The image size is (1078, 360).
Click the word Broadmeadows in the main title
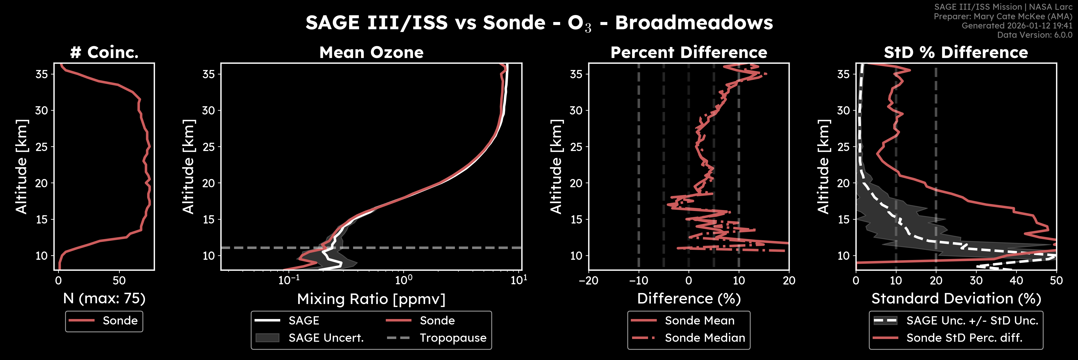(x=694, y=23)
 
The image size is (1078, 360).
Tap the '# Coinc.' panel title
(x=104, y=52)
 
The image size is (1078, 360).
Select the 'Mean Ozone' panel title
(x=371, y=52)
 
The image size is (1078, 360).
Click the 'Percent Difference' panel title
(x=688, y=52)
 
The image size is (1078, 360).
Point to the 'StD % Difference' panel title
(x=956, y=52)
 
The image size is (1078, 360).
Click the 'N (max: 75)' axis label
(x=104, y=298)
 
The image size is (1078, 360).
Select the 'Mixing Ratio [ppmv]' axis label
(x=371, y=299)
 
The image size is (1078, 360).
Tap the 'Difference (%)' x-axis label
(x=688, y=298)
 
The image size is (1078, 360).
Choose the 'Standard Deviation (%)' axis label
(x=956, y=298)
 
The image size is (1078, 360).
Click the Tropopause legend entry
(x=453, y=338)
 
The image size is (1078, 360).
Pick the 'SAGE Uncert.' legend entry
(x=326, y=338)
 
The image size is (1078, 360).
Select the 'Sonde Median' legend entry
(x=705, y=338)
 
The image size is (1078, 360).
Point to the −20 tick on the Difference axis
(x=588, y=280)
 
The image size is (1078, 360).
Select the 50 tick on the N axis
(x=119, y=280)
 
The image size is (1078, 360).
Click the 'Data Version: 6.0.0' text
(x=1035, y=35)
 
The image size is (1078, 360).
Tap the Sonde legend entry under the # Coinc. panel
(x=120, y=320)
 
